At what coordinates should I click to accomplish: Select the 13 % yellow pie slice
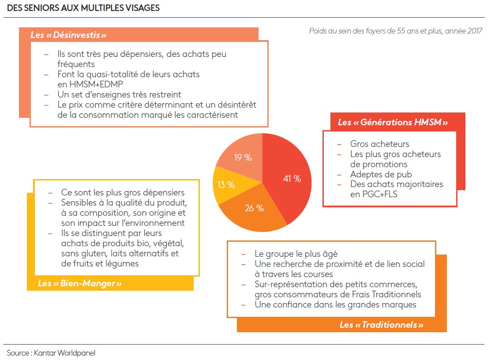click(x=226, y=185)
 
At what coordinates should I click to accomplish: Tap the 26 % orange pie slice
click(x=251, y=209)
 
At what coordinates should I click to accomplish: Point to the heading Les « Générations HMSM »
click(x=393, y=122)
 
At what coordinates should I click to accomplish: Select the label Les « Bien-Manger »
click(x=79, y=283)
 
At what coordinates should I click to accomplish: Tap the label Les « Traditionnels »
click(x=381, y=325)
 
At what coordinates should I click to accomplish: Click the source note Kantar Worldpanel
click(x=51, y=352)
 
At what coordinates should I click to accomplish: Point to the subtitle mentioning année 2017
click(x=395, y=31)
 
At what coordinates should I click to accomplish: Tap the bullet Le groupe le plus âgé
click(x=296, y=254)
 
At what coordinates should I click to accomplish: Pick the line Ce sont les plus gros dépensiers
click(x=123, y=192)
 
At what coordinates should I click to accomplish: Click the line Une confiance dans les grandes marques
click(x=335, y=304)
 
